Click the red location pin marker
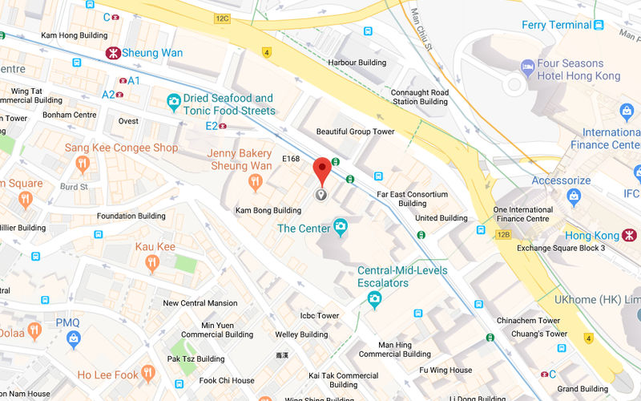[321, 170]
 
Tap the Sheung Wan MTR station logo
[115, 53]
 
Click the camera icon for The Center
[341, 228]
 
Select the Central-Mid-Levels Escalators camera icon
[373, 299]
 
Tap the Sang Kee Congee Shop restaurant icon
[82, 164]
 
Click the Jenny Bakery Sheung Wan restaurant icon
[256, 183]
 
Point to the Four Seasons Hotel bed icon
[527, 66]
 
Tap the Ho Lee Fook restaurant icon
[147, 373]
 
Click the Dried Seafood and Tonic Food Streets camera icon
[173, 102]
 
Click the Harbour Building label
[357, 63]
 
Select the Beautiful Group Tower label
[356, 132]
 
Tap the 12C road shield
[223, 17]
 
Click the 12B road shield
[503, 234]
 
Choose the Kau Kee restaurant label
[155, 247]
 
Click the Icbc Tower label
[319, 316]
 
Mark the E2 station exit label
[212, 125]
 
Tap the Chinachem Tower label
[527, 321]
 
